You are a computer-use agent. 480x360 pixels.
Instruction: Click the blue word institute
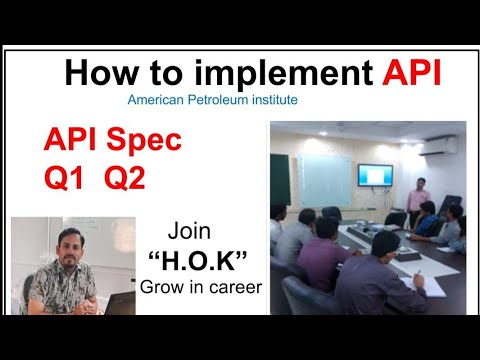[270, 100]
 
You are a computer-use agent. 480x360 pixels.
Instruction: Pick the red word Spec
[141, 141]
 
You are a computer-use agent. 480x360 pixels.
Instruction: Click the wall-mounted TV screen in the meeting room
[376, 173]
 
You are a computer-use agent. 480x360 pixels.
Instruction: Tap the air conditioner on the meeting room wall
[442, 142]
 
